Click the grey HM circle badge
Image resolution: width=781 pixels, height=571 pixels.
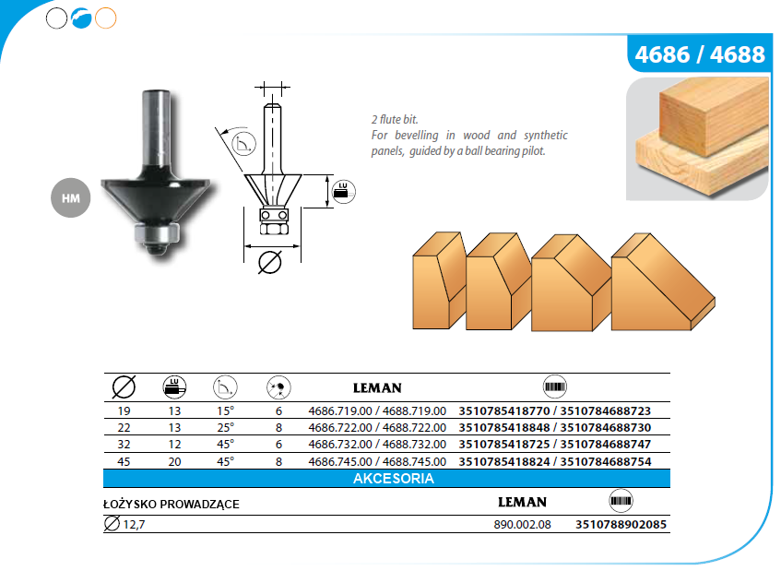coord(71,197)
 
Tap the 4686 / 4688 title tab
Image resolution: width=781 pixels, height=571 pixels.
coord(700,54)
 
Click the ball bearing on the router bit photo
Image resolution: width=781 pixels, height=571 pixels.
coord(157,233)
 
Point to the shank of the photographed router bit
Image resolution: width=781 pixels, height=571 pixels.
coord(157,129)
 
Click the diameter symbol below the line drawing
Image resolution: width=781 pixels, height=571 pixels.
coord(270,263)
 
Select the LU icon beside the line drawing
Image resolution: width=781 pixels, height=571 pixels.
coord(343,191)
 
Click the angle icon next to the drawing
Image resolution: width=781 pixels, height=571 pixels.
coord(243,144)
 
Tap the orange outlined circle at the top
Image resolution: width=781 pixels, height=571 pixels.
coord(106,18)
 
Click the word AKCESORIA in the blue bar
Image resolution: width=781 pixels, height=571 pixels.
coord(394,479)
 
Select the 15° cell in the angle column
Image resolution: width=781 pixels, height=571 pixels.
coord(225,411)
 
